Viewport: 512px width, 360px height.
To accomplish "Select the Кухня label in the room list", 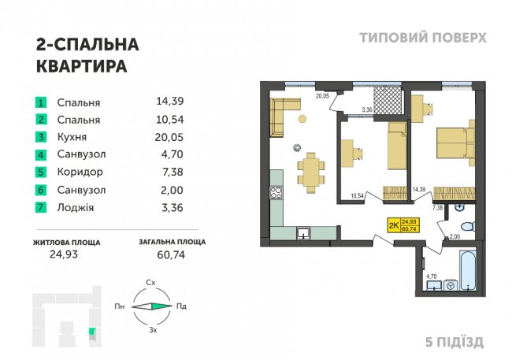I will (x=72, y=137).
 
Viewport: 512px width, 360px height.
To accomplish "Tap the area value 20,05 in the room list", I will (x=171, y=137).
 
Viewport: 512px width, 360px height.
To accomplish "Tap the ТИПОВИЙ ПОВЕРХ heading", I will (x=422, y=37).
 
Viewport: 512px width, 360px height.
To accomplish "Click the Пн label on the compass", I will (x=120, y=306).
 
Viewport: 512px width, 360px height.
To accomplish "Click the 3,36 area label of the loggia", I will (x=366, y=109).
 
